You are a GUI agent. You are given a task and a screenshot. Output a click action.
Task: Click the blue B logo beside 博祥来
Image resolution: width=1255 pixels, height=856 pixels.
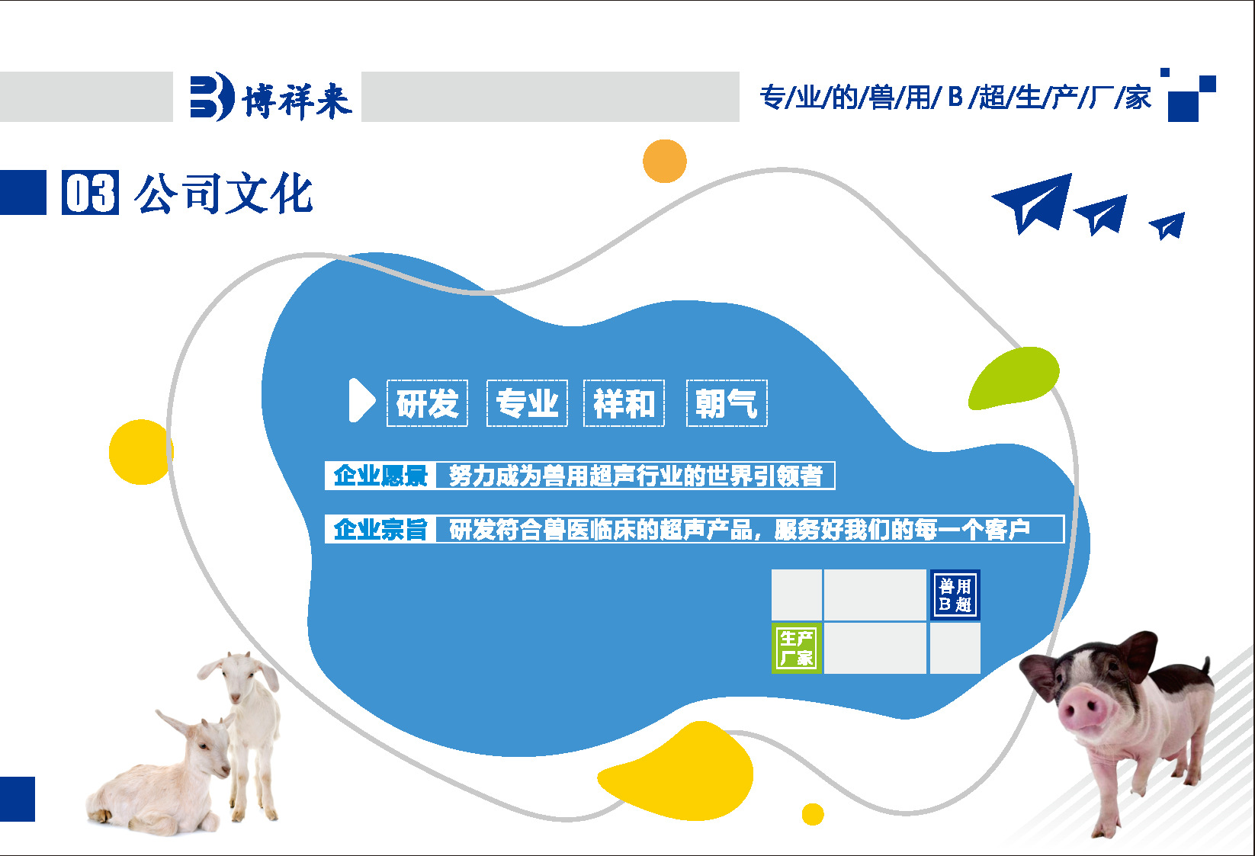[210, 96]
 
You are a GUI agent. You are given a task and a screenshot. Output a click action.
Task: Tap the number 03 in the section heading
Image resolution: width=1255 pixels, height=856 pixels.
[90, 193]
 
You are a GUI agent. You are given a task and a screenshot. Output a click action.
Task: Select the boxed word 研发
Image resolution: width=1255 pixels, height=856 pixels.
[427, 403]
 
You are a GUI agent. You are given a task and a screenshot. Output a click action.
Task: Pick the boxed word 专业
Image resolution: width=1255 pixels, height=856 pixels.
[527, 403]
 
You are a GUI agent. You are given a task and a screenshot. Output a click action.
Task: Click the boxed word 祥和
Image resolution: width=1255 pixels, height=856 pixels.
[624, 403]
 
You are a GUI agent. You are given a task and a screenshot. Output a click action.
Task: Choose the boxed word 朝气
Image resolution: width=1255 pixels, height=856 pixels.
[727, 403]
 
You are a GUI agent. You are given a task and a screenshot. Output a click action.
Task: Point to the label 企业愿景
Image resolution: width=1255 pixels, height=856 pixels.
[380, 476]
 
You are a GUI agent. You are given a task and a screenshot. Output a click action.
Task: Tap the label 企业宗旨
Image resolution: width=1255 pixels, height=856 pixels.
[380, 529]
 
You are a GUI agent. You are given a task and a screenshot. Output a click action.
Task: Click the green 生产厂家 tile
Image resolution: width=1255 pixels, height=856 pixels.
[796, 648]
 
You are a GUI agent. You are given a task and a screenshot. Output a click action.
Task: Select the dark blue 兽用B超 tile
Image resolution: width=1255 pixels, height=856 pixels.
[955, 595]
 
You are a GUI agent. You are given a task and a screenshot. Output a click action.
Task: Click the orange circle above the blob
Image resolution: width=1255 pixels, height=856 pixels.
[665, 161]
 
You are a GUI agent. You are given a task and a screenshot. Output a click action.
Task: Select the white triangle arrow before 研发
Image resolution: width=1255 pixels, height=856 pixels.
[361, 400]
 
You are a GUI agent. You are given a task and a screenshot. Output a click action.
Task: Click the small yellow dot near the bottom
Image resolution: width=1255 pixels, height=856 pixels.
[813, 814]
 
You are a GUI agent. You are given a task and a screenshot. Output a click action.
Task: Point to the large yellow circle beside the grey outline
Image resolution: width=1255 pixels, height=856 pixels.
[140, 452]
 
